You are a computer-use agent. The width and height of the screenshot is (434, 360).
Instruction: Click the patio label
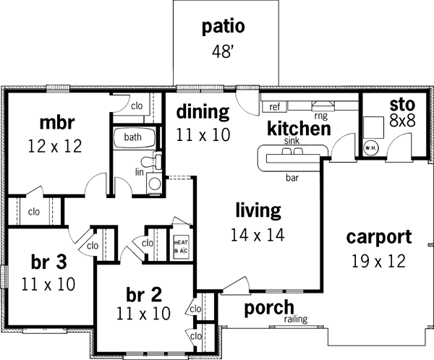coord(224,27)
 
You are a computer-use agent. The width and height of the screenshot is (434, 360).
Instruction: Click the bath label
coord(132,137)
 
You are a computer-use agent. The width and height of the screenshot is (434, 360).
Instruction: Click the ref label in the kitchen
coord(274,107)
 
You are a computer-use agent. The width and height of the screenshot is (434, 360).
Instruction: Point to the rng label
coord(320,114)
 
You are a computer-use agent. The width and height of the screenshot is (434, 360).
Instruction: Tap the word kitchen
coord(299,129)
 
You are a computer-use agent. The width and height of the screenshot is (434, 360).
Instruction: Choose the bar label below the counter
coord(292,176)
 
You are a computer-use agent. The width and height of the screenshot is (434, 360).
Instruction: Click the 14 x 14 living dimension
coord(258,234)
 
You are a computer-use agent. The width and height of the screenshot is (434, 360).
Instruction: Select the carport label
coord(378,236)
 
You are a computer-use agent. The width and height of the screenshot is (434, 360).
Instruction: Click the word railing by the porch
coord(297,319)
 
